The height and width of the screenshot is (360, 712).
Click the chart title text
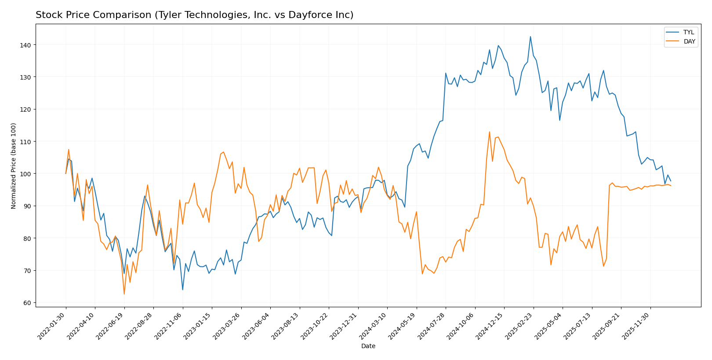point(194,15)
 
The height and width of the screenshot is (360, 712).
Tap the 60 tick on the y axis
point(27,303)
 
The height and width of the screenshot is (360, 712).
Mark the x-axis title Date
point(368,346)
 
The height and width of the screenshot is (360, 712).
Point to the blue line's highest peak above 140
point(530,36)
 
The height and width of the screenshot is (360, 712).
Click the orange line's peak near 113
point(489,132)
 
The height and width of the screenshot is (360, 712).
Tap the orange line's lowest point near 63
point(124,294)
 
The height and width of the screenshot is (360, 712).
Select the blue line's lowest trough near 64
point(182,289)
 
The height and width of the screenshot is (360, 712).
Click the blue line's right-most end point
point(670,181)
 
